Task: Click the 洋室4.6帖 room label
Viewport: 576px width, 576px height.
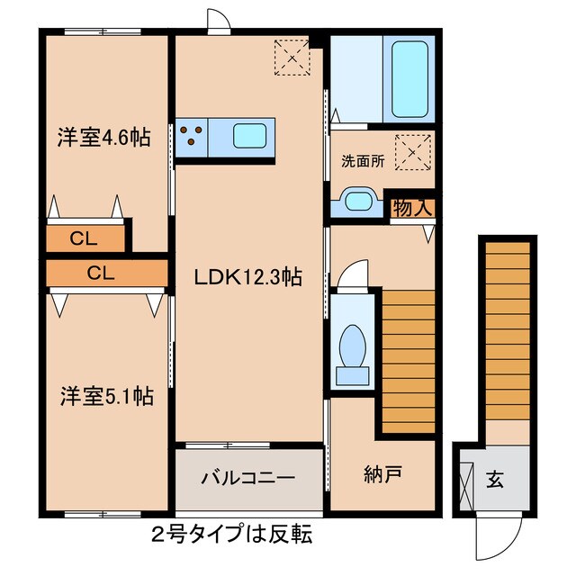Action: coord(103,138)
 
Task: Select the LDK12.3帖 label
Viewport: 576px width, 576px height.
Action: coord(248,279)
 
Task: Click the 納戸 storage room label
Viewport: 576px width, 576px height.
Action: coord(383,473)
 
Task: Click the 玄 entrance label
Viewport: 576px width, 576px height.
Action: coord(496,479)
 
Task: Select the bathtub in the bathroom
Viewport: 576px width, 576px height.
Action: coord(410,78)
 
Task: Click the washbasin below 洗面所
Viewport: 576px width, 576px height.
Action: coord(357,202)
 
